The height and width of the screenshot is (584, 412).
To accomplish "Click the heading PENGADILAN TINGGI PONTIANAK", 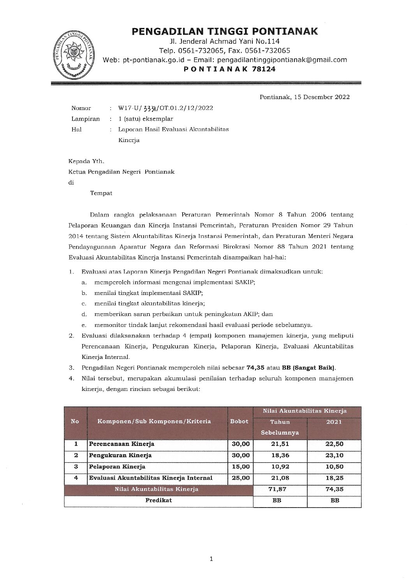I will [225, 32].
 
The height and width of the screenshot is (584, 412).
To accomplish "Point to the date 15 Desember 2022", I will [320, 97].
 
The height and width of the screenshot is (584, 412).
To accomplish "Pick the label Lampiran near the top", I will [85, 119].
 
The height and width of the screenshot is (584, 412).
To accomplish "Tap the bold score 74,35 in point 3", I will [254, 367].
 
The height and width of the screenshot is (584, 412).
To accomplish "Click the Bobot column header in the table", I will [239, 421].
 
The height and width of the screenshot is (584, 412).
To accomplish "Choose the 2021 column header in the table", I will [334, 422].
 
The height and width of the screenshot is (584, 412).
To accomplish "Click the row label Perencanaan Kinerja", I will [121, 444].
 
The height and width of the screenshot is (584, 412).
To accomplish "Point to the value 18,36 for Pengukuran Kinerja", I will [280, 455].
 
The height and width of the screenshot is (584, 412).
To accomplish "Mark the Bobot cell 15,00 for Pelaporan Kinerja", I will [239, 467].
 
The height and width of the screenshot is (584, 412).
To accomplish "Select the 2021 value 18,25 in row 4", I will [334, 478].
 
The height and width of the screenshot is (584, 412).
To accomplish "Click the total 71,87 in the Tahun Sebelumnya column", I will [280, 489].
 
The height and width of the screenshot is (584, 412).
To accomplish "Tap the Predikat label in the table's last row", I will [158, 500].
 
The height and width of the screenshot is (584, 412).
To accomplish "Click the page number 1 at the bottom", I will [211, 559].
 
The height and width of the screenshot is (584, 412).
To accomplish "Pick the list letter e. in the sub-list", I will [84, 325].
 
